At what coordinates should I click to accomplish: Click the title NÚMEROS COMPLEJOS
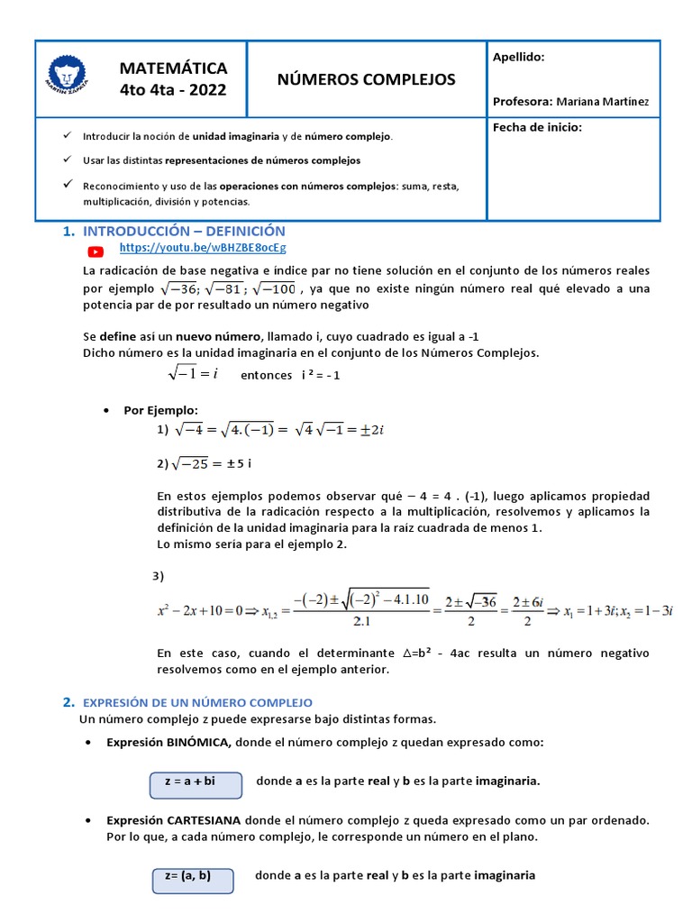tap(366, 79)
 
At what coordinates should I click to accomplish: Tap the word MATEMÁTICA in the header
tap(173, 69)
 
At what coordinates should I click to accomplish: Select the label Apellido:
tap(518, 57)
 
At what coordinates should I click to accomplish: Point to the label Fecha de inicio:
tap(537, 127)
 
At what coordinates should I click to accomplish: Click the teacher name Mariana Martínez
tap(602, 102)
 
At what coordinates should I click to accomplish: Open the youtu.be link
tap(203, 247)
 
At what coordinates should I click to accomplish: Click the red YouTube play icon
tap(96, 251)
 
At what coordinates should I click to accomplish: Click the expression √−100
tap(274, 288)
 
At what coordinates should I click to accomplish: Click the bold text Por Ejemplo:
tap(160, 410)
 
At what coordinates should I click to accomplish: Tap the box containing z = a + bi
tap(196, 785)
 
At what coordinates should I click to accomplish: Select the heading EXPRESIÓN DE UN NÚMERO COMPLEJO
tap(197, 702)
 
